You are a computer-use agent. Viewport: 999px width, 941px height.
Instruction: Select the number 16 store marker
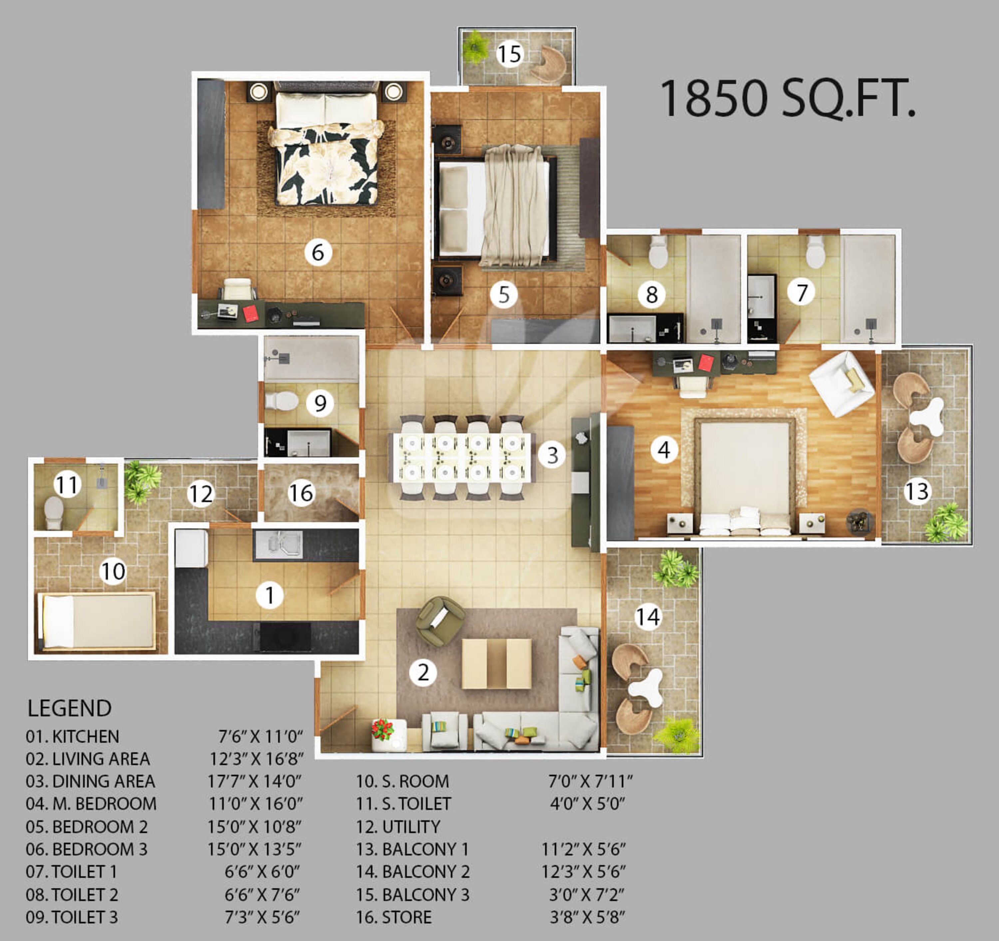[300, 493]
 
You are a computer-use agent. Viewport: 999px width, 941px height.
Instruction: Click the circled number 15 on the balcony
[509, 54]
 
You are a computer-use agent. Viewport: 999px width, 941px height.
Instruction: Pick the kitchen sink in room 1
[278, 544]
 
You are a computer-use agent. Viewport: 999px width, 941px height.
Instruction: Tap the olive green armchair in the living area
[440, 620]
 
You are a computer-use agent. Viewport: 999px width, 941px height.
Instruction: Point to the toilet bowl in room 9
[281, 401]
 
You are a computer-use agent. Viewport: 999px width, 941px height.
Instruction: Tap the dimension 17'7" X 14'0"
[255, 781]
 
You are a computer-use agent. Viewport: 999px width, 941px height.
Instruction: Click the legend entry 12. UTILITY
[398, 827]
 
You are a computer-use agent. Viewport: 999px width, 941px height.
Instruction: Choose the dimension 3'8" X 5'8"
[587, 917]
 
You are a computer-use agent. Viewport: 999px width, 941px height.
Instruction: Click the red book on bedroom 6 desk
[250, 313]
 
